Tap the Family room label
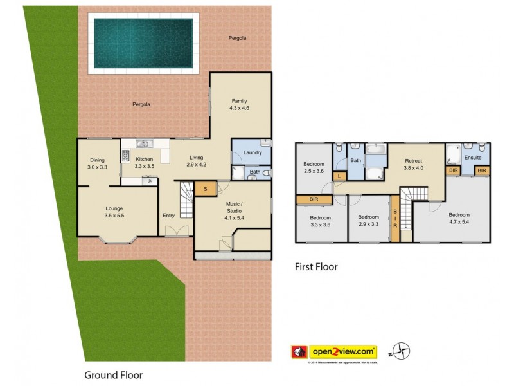(x=240, y=101)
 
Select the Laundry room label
(x=252, y=152)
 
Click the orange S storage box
(x=205, y=188)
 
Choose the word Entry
(x=168, y=216)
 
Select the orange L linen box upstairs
(x=339, y=176)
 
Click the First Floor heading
(x=315, y=266)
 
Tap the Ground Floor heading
(x=114, y=374)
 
